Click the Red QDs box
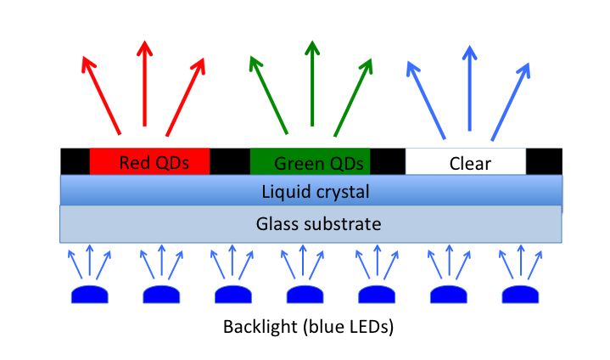(149, 161)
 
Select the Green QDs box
(311, 161)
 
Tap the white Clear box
(466, 161)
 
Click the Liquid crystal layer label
(311, 193)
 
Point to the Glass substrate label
(311, 224)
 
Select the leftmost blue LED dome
(90, 295)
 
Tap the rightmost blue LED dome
(521, 295)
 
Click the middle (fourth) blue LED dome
(305, 295)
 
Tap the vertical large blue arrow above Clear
(467, 88)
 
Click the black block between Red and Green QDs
(229, 161)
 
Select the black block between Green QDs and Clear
(389, 161)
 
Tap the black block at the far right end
(544, 161)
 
